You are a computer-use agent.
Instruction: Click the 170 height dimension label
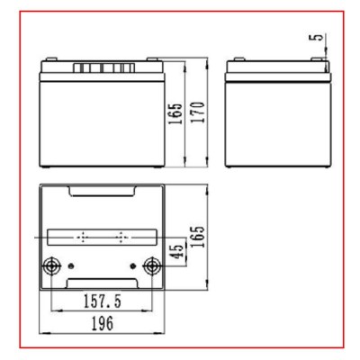198,112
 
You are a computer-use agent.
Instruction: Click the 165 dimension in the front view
175,114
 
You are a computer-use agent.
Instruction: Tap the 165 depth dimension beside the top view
198,237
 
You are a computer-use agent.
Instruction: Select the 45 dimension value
176,251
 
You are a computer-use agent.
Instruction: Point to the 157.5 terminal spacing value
103,301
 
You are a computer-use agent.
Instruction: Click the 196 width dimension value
103,323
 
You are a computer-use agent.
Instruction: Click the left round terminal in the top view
51,265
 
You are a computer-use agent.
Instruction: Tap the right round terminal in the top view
152,265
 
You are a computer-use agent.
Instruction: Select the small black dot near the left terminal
71,265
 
